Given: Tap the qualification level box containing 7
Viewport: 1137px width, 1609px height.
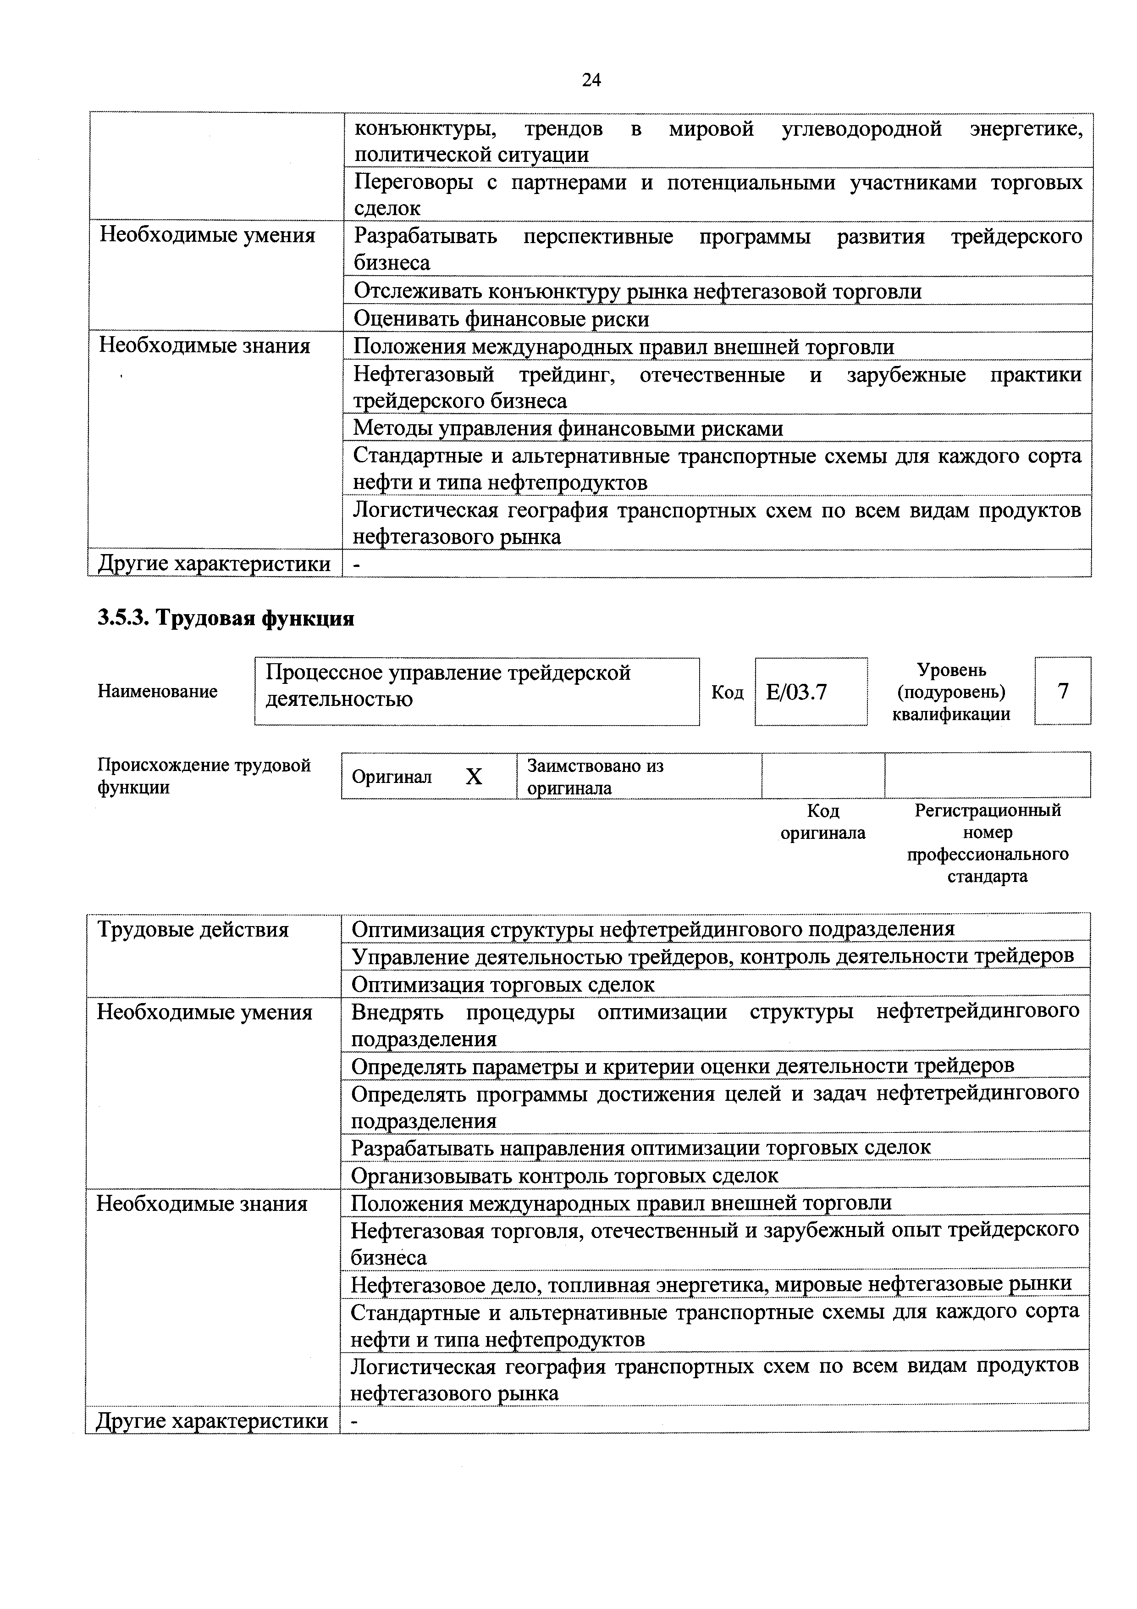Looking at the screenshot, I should click(x=1063, y=691).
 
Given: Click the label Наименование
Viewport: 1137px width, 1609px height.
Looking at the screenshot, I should click(x=158, y=692).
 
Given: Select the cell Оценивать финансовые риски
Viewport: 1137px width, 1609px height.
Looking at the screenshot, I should click(x=502, y=319).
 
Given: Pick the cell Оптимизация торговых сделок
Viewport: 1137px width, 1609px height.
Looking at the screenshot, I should click(x=503, y=985).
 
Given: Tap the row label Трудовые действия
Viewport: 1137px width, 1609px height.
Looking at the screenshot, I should click(x=193, y=930).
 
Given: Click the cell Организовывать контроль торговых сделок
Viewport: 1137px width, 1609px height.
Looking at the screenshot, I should click(x=565, y=1175).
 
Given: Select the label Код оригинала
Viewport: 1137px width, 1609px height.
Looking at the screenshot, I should click(x=822, y=822).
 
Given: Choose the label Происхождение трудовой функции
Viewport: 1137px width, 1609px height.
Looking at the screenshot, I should click(x=204, y=776).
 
